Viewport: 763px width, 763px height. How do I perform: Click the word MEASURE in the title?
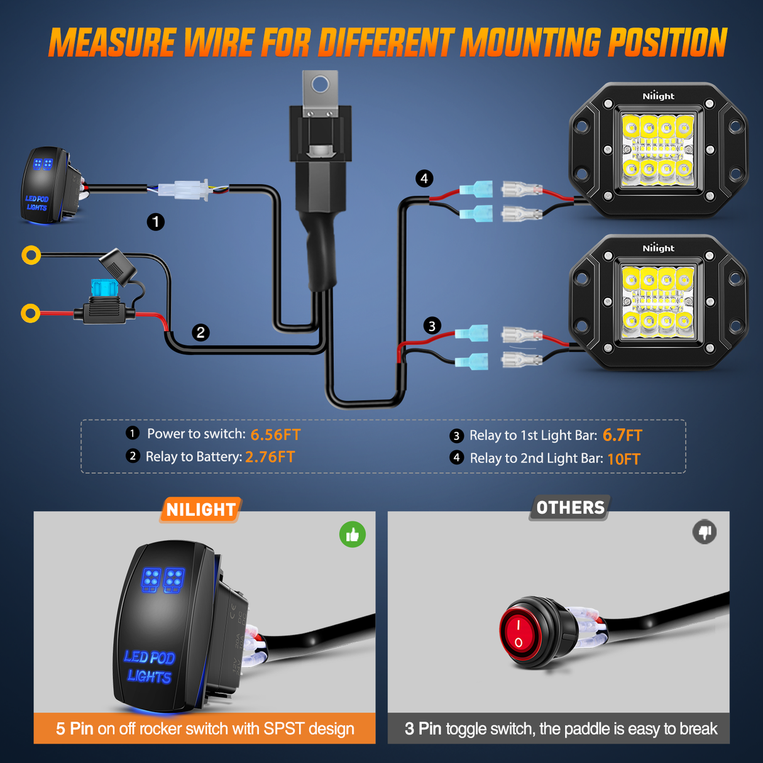coord(111,43)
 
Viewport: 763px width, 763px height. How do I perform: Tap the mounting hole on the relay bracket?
coord(321,84)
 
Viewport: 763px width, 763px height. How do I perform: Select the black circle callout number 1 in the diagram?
coord(156,222)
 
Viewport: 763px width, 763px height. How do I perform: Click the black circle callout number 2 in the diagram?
coord(200,332)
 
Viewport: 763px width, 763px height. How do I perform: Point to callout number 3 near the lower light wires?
coord(431,326)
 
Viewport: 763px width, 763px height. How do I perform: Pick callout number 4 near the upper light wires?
coord(424,179)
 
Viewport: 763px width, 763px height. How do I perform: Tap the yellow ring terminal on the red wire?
coord(30,312)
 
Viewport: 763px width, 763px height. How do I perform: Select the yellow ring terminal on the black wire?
coord(31,255)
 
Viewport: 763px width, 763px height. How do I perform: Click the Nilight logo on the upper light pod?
coord(658,96)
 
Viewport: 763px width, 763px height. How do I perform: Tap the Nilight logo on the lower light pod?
coord(658,248)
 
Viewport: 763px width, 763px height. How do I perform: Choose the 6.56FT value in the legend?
coord(275,435)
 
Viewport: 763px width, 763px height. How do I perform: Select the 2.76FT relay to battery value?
coord(270,457)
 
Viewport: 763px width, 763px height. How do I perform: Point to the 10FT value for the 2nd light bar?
coord(623,459)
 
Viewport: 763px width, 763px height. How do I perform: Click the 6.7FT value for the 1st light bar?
coord(622,436)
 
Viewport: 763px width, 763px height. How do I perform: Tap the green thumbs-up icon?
coord(353,535)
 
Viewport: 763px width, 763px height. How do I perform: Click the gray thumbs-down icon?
coord(705,532)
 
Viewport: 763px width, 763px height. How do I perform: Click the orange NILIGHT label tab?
coord(201,510)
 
